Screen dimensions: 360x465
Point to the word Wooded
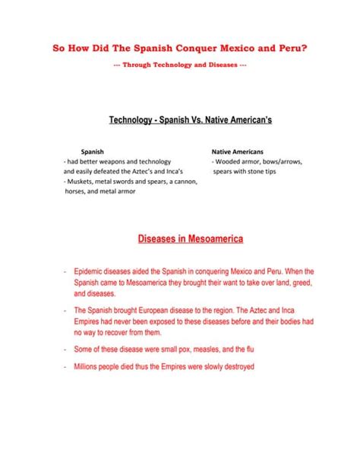pyautogui.click(x=230, y=162)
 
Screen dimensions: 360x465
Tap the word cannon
pyautogui.click(x=184, y=182)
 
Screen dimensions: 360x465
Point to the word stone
pyautogui.click(x=261, y=172)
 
